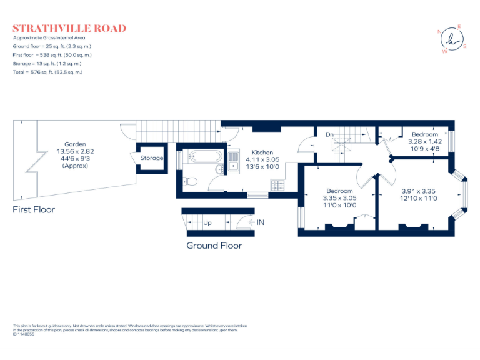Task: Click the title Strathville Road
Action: tap(69, 28)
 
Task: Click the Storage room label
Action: tap(151, 158)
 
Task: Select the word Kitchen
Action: tap(262, 152)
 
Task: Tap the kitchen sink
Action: tap(233, 161)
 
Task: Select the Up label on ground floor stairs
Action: tap(207, 222)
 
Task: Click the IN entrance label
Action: tap(260, 222)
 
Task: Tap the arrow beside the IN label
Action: tap(249, 222)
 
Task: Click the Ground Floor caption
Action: tap(214, 246)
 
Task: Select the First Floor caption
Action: tap(34, 210)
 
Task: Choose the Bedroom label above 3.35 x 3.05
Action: tap(339, 191)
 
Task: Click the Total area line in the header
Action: tap(47, 72)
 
